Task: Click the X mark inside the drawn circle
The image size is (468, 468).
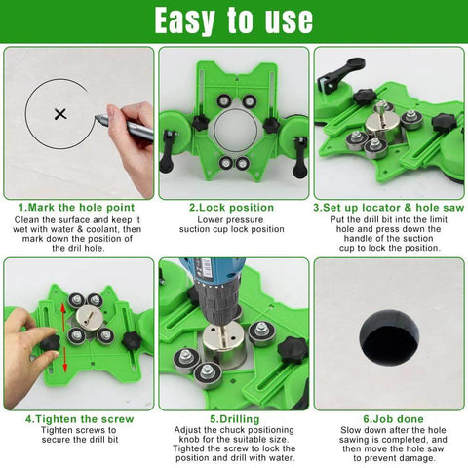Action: point(60,114)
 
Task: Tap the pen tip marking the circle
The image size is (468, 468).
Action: point(98,120)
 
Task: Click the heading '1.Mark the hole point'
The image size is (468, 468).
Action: point(77,208)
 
